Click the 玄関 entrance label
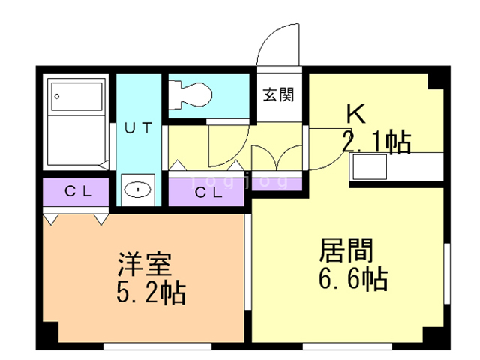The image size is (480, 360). (278, 94)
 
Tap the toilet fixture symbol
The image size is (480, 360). (190, 95)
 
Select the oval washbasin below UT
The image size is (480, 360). (138, 190)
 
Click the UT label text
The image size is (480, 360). (138, 127)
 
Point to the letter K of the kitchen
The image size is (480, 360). (356, 114)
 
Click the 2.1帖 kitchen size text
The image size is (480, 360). (376, 142)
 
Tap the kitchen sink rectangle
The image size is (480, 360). (370, 166)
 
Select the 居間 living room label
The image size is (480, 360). (346, 250)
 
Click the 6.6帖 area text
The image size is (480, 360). (353, 278)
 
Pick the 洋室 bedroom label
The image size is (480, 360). (145, 264)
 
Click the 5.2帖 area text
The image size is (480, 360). (151, 292)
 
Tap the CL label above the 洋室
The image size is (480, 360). (78, 192)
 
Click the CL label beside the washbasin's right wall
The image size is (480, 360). (208, 193)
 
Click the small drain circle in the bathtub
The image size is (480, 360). (57, 97)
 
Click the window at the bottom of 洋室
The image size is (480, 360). (157, 346)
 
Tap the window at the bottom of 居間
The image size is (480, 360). (347, 346)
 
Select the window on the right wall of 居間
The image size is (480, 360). (447, 273)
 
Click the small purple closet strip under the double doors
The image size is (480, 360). (277, 184)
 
